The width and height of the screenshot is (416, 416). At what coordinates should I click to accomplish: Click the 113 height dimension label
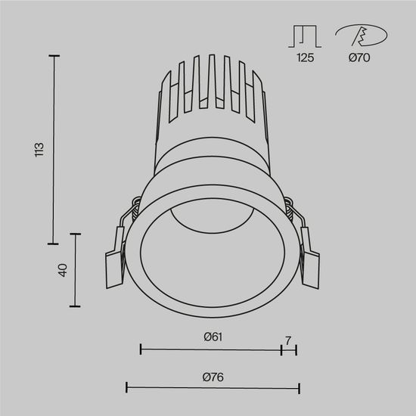pos(40,150)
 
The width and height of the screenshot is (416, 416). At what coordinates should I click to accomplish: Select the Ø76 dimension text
pos(212,377)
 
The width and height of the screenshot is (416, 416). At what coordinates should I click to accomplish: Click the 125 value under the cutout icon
pos(306,58)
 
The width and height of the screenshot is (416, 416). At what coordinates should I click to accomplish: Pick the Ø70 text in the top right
pos(360,58)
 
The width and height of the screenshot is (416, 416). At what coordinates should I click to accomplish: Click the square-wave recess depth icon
pos(305,36)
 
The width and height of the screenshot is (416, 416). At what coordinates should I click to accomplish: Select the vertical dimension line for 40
pos(76,270)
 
